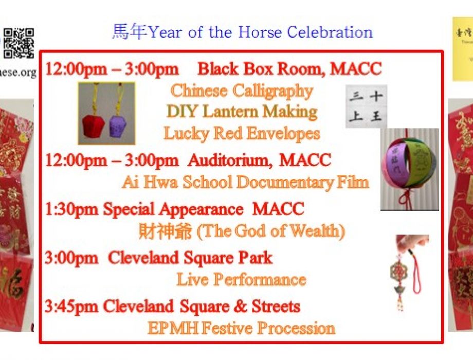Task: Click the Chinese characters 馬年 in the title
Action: pyautogui.click(x=130, y=32)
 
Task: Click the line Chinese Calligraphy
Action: pyautogui.click(x=242, y=91)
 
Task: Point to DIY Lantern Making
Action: pyautogui.click(x=242, y=112)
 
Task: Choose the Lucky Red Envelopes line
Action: pyautogui.click(x=242, y=134)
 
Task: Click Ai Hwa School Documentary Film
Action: pyautogui.click(x=245, y=183)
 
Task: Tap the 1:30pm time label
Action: pyautogui.click(x=72, y=209)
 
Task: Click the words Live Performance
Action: pyautogui.click(x=242, y=280)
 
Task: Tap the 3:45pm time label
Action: pyautogui.click(x=72, y=307)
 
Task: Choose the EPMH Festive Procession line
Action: pyautogui.click(x=242, y=328)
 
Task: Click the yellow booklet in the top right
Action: pyautogui.click(x=462, y=49)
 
